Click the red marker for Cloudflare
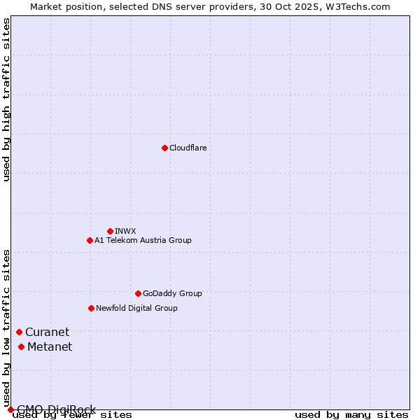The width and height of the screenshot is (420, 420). pos(164,148)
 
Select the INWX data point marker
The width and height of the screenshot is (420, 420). pos(110,231)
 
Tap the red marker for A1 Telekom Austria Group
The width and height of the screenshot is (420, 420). pos(90,240)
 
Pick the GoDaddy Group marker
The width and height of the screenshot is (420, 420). pos(138,293)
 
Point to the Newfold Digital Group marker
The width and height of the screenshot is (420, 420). pos(91,308)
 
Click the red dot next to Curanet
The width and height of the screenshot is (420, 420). pos(19,332)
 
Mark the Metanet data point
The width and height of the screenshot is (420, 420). pos(21,346)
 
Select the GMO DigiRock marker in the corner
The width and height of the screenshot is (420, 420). pos(10,409)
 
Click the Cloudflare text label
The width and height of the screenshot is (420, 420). pos(188,148)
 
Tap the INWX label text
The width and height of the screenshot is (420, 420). pos(125,231)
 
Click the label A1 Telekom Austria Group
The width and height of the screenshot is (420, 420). pos(143,240)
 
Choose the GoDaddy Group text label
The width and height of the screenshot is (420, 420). pos(172,293)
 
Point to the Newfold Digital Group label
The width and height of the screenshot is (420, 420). pos(136,308)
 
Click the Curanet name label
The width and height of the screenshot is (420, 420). pos(47,332)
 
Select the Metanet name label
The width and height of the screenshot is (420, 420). pos(50,346)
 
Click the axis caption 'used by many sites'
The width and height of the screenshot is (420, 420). pos(351,415)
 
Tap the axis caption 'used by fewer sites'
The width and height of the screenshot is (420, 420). pos(73,415)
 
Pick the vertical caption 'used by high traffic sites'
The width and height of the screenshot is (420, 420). pos(6,99)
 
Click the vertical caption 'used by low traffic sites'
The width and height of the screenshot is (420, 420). pos(6,328)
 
